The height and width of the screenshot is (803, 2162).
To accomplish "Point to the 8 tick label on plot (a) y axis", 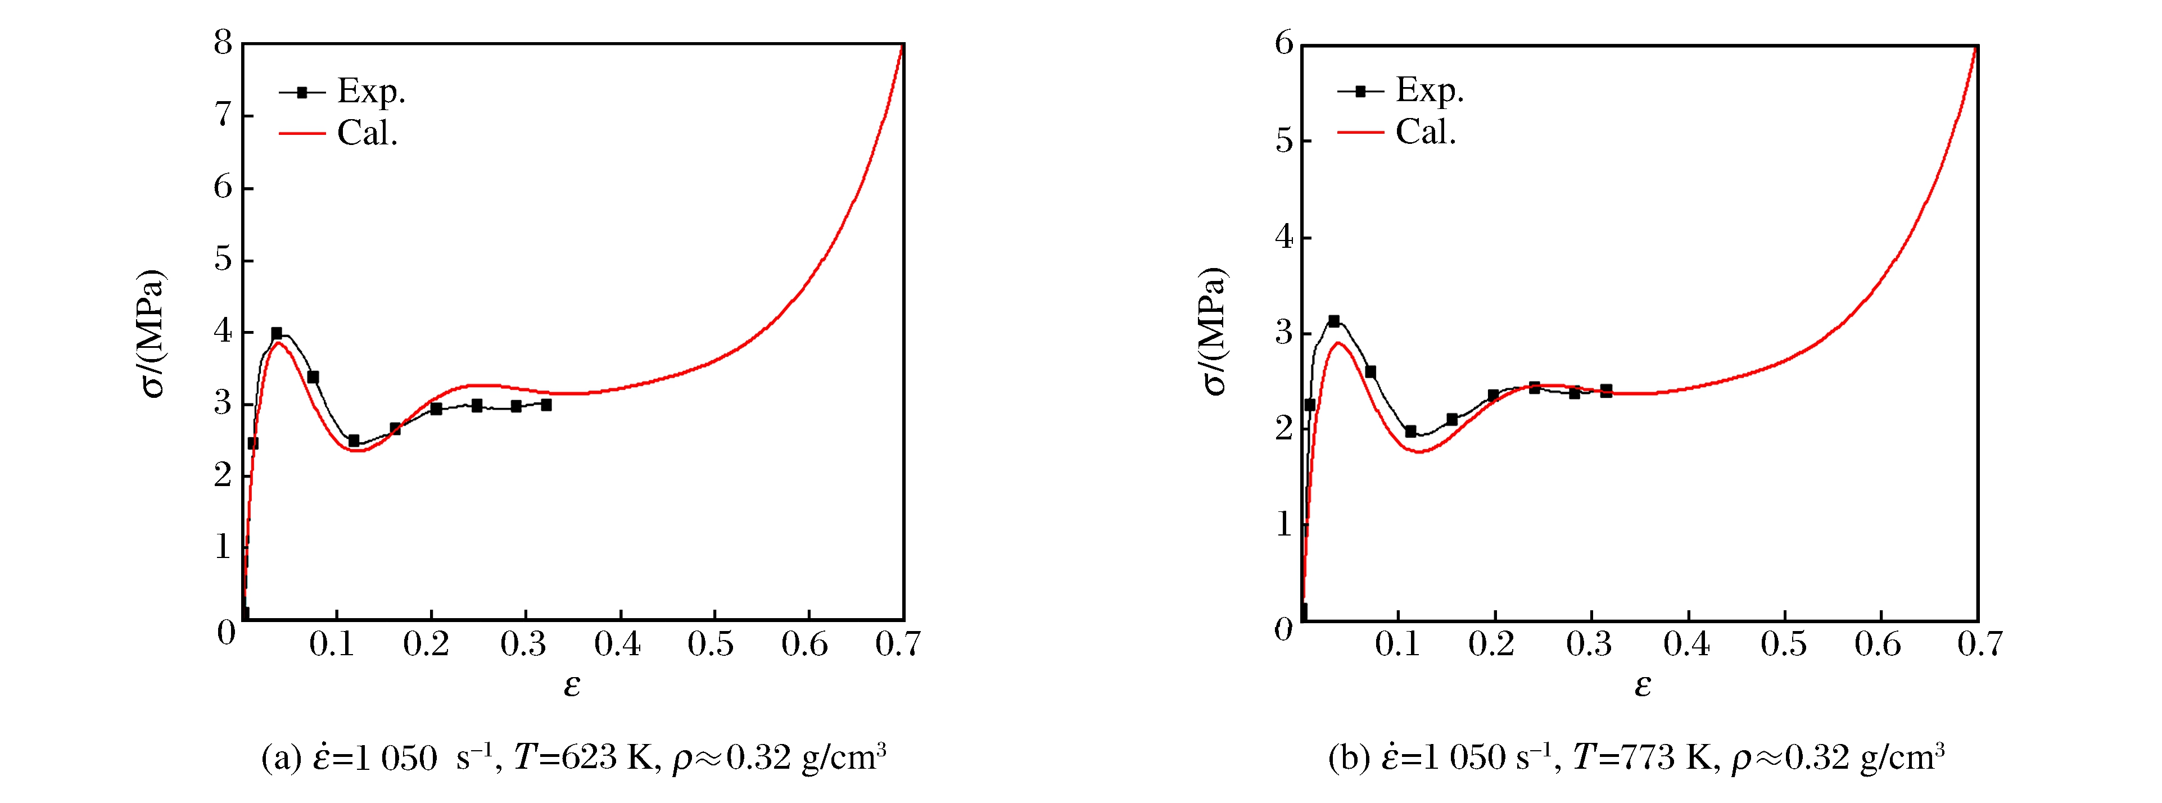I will pyautogui.click(x=223, y=42).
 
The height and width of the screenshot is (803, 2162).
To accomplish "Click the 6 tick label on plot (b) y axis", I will pyautogui.click(x=1283, y=43).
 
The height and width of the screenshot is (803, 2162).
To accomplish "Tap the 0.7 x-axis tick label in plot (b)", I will pyautogui.click(x=1979, y=645).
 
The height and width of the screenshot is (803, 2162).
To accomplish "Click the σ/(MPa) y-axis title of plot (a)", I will pyautogui.click(x=152, y=333).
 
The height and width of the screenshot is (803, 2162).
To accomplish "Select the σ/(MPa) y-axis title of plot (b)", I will pyautogui.click(x=1213, y=332).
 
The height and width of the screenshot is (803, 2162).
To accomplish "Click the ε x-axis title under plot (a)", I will pyautogui.click(x=572, y=686).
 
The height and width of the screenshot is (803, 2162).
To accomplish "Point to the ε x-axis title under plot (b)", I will pyautogui.click(x=1643, y=686).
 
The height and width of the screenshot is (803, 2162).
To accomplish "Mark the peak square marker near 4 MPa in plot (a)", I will pyautogui.click(x=277, y=333).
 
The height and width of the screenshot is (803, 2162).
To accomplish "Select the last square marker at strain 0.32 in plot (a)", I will pyautogui.click(x=546, y=405).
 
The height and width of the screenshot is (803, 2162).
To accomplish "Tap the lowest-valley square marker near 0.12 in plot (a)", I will pyautogui.click(x=354, y=441).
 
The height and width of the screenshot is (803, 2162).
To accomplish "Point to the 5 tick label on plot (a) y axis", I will pyautogui.click(x=223, y=259).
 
